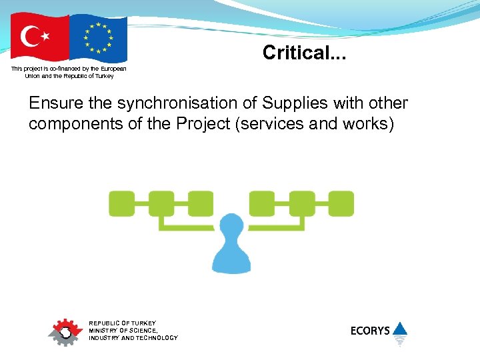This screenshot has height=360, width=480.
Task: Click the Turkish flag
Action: pyautogui.click(x=39, y=37)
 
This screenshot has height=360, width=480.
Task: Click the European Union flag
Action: pyautogui.click(x=98, y=37)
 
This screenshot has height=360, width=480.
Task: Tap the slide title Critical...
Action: pyautogui.click(x=304, y=53)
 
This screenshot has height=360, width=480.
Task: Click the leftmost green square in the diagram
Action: pyautogui.click(x=121, y=203)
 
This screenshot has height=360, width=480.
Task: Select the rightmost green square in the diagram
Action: pyautogui.click(x=341, y=203)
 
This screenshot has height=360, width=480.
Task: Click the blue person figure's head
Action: pyautogui.click(x=231, y=225)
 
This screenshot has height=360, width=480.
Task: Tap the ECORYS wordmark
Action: pyautogui.click(x=370, y=331)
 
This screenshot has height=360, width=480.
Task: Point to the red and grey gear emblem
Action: pyautogui.click(x=65, y=331)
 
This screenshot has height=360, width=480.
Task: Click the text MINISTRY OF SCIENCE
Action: pyautogui.click(x=123, y=331)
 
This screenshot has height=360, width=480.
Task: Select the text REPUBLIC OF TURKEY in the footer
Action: pyautogui.click(x=122, y=323)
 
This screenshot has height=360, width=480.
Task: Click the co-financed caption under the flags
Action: pyautogui.click(x=69, y=72)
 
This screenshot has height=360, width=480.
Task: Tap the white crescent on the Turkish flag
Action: pyautogui.click(x=31, y=37)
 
